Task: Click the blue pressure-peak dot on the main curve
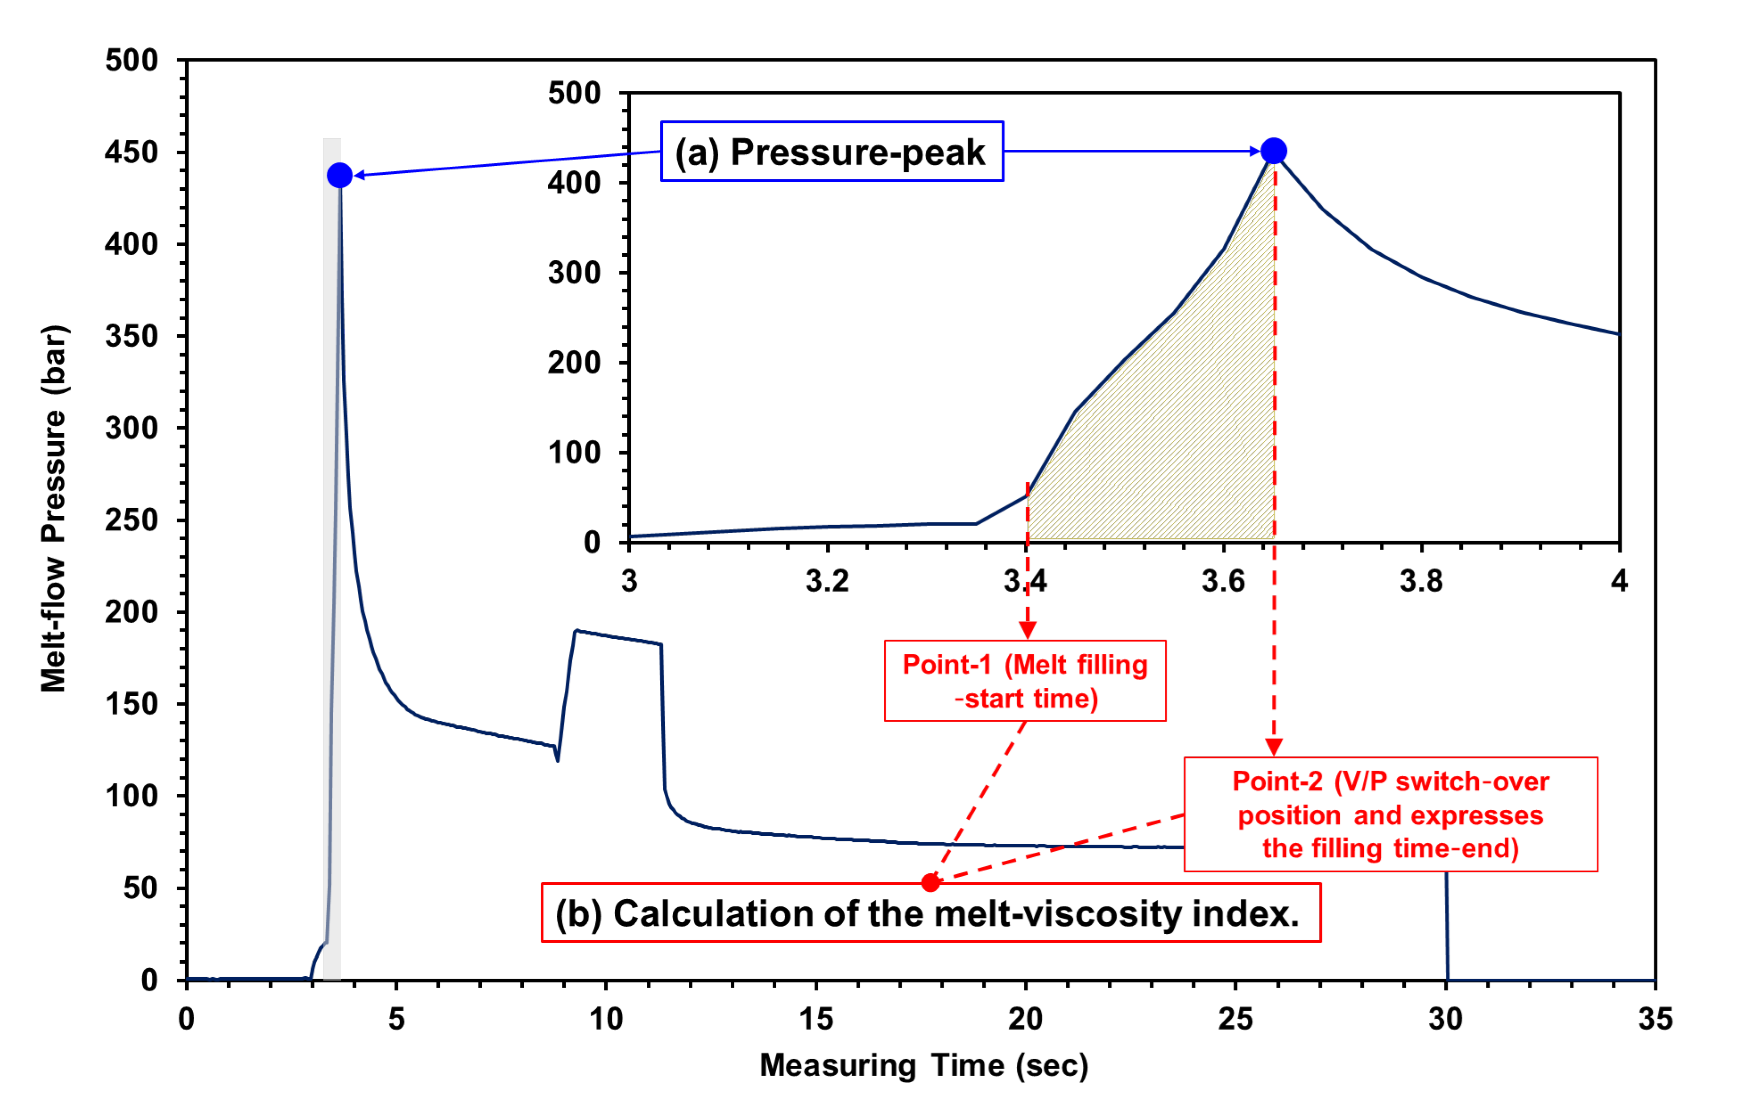[x=339, y=175]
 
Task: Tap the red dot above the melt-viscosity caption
[x=931, y=883]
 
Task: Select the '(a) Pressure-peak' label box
[x=832, y=151]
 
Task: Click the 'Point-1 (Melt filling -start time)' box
[x=1025, y=681]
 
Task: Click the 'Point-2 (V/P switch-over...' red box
[x=1391, y=814]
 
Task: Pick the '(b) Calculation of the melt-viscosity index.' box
[x=931, y=913]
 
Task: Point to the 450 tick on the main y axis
[x=131, y=152]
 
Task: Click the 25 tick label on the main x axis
[x=1235, y=1019]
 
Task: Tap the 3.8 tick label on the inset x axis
[x=1421, y=581]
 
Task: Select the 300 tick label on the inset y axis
[x=574, y=273]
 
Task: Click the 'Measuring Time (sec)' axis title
[x=923, y=1066]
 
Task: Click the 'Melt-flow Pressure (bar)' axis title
[x=54, y=509]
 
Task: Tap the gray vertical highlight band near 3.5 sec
[x=331, y=579]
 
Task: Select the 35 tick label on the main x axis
[x=1655, y=1019]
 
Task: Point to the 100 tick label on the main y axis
[x=131, y=796]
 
